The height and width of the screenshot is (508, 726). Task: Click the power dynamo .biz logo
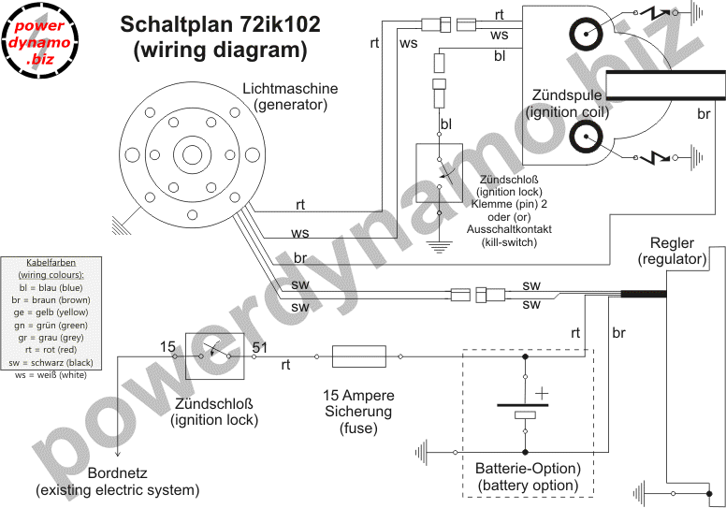(41, 42)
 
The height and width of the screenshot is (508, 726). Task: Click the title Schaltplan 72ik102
(221, 25)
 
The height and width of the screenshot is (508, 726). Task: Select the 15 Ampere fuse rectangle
(359, 356)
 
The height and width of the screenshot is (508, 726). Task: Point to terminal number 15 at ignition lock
(167, 347)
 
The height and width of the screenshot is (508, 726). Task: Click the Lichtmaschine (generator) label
(290, 96)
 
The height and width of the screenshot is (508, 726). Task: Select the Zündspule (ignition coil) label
(569, 104)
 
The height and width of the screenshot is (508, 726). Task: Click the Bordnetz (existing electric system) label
(118, 481)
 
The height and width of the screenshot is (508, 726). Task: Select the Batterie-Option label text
(529, 476)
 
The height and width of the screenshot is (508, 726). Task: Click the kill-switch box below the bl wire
(437, 172)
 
